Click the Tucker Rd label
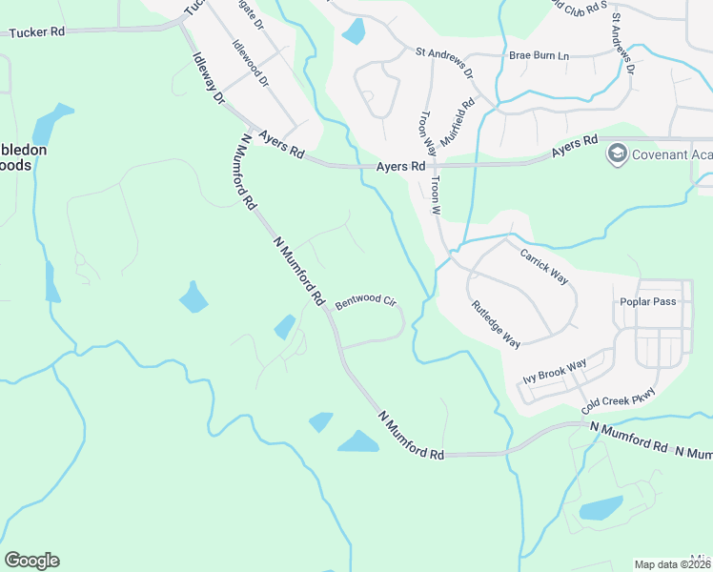point(37,32)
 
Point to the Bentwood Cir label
point(364,300)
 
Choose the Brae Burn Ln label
point(539,56)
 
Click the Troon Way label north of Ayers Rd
point(428,133)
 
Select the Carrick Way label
point(543,266)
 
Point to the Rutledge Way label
point(496,324)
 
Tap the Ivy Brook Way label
point(555,371)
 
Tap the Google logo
point(31,561)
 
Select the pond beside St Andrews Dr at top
point(354,31)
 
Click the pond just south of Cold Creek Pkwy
point(601,507)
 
